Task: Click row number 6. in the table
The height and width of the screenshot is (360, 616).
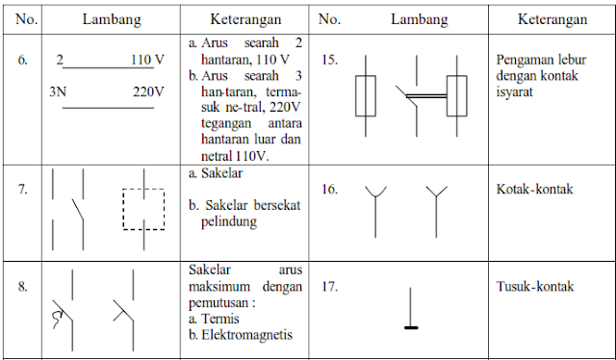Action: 21,60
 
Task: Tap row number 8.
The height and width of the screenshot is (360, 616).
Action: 21,286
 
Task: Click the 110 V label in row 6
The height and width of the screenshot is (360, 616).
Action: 146,60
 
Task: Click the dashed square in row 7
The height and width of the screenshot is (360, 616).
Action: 143,208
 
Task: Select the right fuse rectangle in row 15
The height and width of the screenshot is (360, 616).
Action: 460,96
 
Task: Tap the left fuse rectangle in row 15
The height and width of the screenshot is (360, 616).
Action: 368,96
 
